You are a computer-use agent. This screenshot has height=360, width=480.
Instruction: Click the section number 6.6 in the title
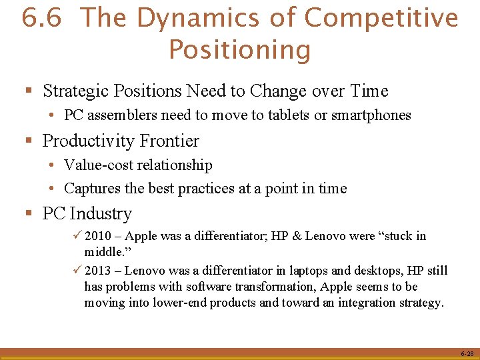click(41, 18)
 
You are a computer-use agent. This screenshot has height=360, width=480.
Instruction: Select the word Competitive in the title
click(381, 18)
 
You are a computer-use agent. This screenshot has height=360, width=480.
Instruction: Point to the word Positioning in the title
click(239, 50)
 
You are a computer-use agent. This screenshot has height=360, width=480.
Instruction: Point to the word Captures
click(89, 189)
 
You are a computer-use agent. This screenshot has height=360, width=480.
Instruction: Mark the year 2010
click(98, 236)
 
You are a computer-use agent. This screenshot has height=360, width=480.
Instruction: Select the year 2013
click(98, 271)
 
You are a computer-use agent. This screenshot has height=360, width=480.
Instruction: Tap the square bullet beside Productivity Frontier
click(29, 141)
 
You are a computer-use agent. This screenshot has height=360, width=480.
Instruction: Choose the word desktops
click(338, 271)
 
